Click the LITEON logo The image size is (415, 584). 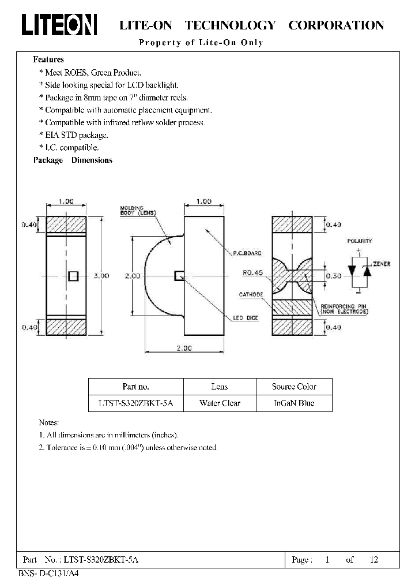[x=59, y=25]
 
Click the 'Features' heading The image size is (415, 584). [x=48, y=59]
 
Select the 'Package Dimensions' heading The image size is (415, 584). [x=73, y=160]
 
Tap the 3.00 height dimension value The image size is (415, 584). [x=101, y=276]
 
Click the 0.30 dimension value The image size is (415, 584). [x=333, y=276]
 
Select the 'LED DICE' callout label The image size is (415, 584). [x=247, y=318]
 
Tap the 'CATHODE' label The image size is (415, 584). [x=251, y=294]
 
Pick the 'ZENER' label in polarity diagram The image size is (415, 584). [x=382, y=264]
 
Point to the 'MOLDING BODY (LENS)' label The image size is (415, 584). [x=138, y=210]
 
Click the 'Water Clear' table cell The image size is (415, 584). [x=220, y=403]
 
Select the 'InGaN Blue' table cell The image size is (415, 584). [x=294, y=403]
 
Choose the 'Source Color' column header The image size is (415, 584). [x=294, y=387]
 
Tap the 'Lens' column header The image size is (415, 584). [x=220, y=387]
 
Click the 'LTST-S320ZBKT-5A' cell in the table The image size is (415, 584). [x=136, y=403]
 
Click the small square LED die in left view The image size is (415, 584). [x=73, y=276]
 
